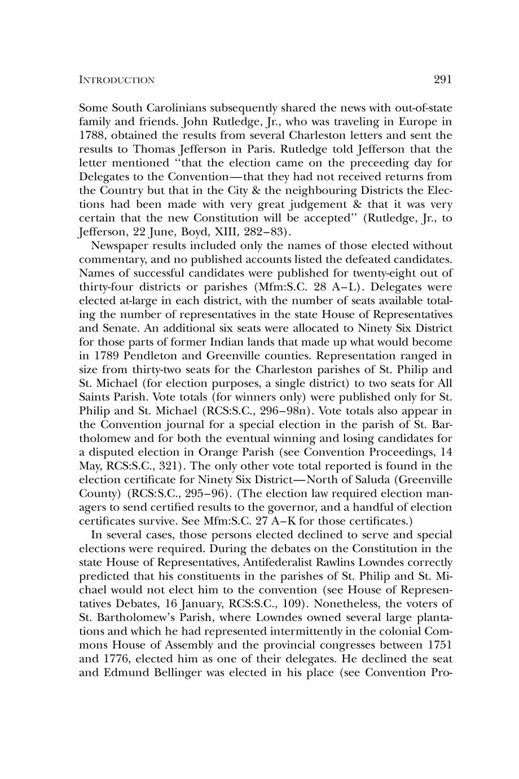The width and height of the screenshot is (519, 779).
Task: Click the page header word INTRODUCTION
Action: pyautogui.click(x=116, y=80)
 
